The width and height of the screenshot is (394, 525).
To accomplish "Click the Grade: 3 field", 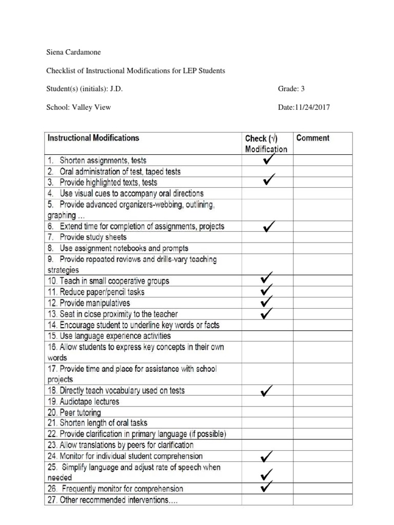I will pyautogui.click(x=291, y=89).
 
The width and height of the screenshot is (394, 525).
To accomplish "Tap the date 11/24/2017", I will pyautogui.click(x=313, y=107).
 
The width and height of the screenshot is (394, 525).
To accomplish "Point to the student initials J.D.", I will pyautogui.click(x=116, y=89).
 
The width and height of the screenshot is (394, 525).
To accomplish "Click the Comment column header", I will pyautogui.click(x=313, y=138).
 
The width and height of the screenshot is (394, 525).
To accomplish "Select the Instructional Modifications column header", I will pyautogui.click(x=93, y=138).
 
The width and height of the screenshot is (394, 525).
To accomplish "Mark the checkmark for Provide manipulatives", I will pyautogui.click(x=267, y=302).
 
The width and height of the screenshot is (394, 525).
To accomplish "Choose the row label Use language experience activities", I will pyautogui.click(x=109, y=336).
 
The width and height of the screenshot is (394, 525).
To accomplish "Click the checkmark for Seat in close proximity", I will pyautogui.click(x=267, y=313).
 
